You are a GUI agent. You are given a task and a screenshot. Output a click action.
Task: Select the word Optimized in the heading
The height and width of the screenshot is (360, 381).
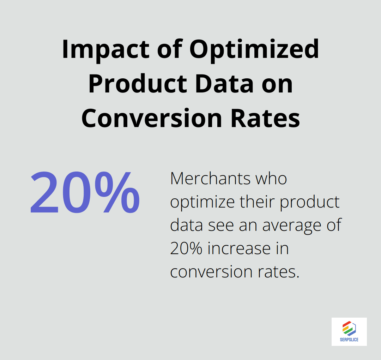[254, 50]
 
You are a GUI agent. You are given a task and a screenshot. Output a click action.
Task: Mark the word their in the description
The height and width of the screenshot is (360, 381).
[258, 202]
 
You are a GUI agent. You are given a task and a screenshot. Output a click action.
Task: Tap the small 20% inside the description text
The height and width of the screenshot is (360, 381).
[186, 248]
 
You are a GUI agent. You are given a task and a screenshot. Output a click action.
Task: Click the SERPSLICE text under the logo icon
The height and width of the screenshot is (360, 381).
[349, 340]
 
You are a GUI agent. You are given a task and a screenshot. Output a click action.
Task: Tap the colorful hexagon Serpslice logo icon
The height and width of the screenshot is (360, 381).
[349, 328]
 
